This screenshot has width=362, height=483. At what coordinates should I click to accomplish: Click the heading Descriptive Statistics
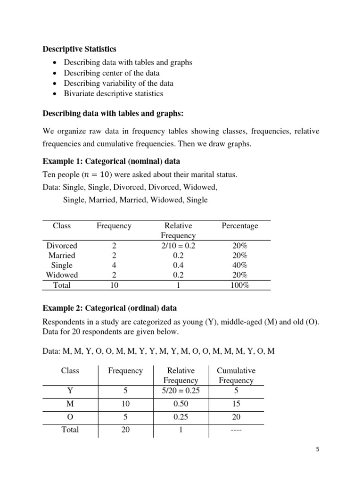coord(80,49)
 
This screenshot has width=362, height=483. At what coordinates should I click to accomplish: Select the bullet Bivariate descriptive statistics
coord(113,93)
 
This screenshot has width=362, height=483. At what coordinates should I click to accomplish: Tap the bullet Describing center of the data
coord(111,73)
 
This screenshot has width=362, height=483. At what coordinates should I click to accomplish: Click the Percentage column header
coord(240,226)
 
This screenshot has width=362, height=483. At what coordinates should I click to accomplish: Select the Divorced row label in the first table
coord(62,246)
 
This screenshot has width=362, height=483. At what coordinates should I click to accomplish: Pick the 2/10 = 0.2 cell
coord(178,246)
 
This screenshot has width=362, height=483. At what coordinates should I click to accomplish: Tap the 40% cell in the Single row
coord(240,265)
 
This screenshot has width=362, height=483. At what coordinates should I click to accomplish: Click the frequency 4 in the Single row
coord(114,265)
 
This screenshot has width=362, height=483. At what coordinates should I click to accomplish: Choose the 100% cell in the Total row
coord(240,285)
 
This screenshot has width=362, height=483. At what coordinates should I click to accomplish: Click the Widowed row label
coord(62,275)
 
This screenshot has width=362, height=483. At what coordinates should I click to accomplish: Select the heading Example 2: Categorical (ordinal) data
coord(110,308)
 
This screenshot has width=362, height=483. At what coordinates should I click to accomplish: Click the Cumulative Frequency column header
coord(236,375)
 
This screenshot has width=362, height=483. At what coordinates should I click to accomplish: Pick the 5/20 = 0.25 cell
coord(181,391)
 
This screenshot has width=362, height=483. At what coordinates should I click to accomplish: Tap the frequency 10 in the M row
coord(125,404)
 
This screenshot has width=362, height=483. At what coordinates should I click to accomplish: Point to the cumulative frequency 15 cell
coord(236,404)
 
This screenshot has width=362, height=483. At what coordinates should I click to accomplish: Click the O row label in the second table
coord(70,417)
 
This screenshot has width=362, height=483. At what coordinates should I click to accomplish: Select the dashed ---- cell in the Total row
coord(236,430)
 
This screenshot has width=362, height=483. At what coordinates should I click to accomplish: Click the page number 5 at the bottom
coord(318,450)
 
